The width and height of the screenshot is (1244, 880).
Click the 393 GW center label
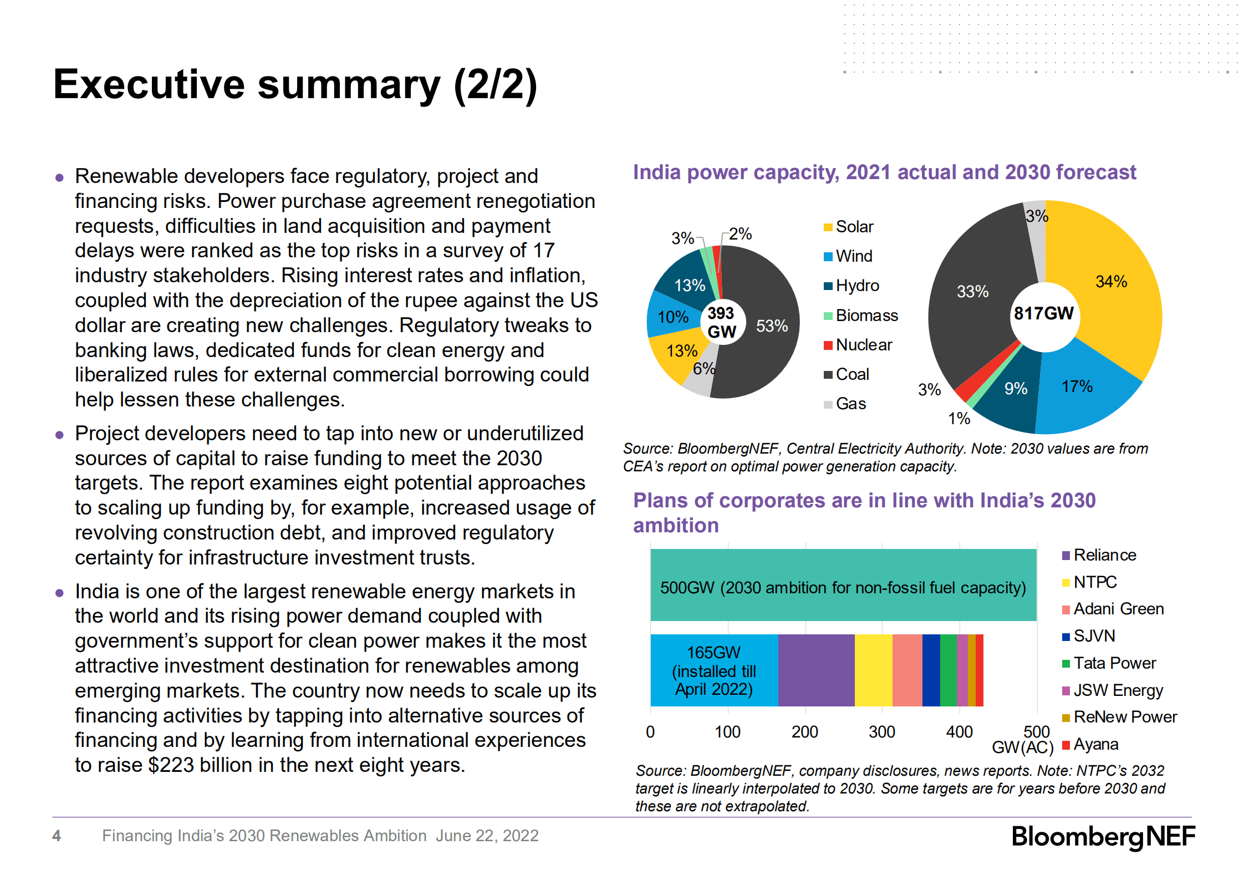point(721,322)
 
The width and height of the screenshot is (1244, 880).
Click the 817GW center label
point(1043,313)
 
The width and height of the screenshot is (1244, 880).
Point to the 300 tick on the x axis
point(881,732)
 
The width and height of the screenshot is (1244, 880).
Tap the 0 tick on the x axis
point(650,732)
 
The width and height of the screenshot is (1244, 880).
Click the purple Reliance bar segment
point(816,670)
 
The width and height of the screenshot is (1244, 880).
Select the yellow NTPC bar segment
point(873,670)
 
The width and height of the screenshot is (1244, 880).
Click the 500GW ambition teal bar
point(843,585)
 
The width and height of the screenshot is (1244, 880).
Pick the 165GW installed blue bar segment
point(713,670)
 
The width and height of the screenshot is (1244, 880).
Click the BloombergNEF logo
point(1103,836)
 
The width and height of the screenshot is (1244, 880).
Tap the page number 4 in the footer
point(57,836)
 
